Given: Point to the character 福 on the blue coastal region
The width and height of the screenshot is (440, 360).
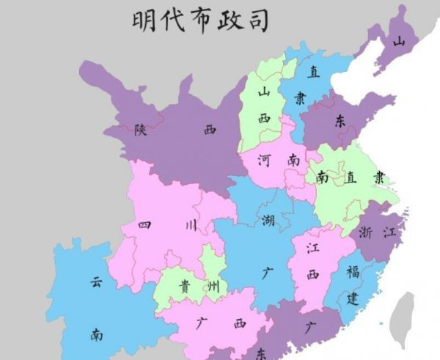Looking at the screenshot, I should (353, 273).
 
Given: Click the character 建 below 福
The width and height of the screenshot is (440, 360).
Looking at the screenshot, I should (352, 298).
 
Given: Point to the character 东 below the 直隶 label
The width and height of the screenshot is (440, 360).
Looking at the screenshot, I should (340, 122).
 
